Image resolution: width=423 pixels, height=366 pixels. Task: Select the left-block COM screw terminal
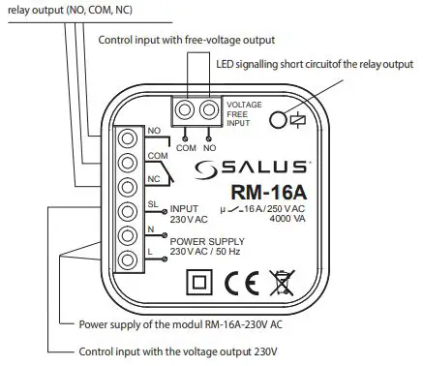[126, 163]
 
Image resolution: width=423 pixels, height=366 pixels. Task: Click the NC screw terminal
[126, 186]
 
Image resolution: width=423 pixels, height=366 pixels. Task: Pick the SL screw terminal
[126, 211]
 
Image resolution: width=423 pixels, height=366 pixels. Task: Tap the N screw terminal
[126, 235]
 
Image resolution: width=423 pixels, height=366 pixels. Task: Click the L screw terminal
[126, 259]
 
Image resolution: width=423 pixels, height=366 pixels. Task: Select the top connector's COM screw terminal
[185, 110]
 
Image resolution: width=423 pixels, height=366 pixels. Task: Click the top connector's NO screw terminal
[206, 110]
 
